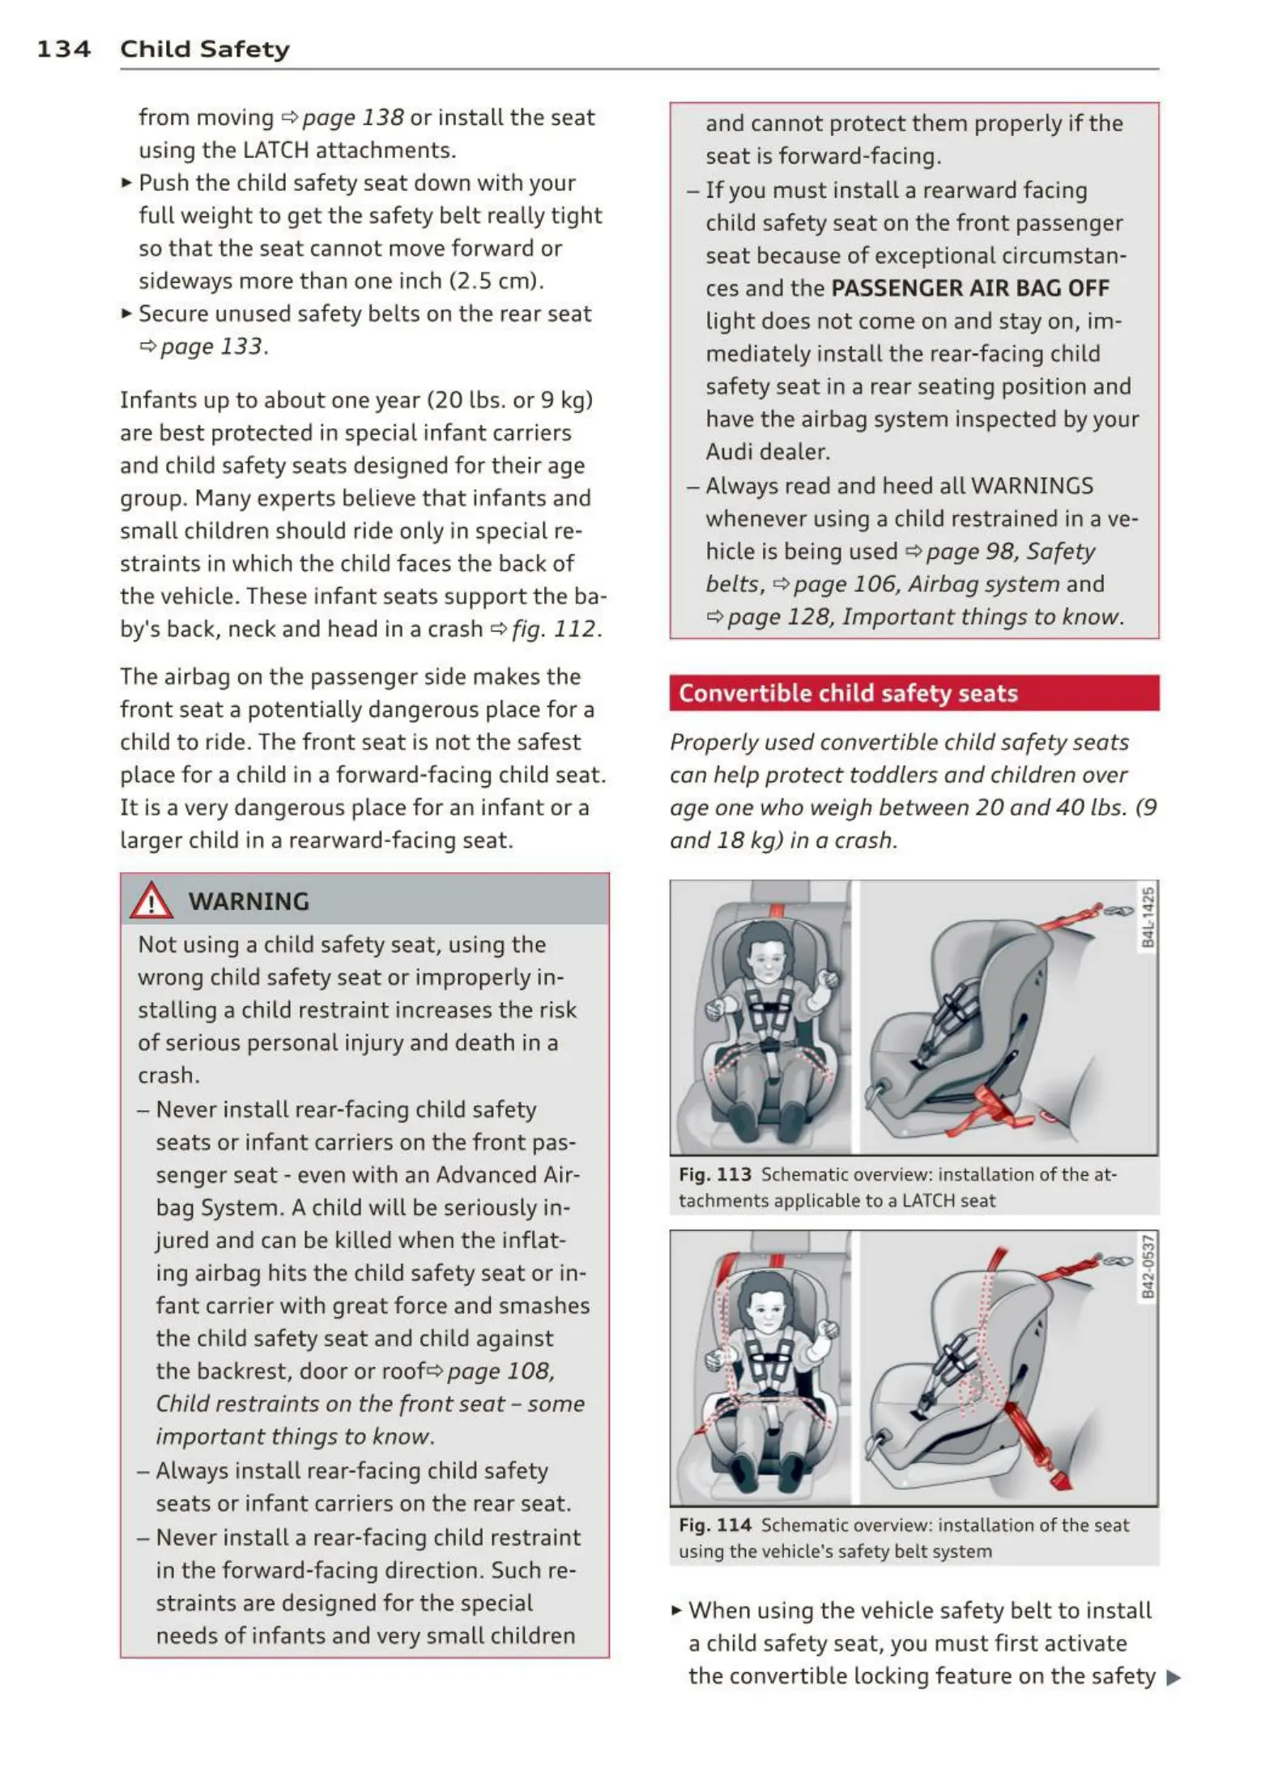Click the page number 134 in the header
tap(63, 49)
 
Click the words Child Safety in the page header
tap(204, 49)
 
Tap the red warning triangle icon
tap(151, 901)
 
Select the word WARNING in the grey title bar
tap(249, 901)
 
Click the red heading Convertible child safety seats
tap(848, 693)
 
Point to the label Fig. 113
tap(714, 1174)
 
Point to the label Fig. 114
tap(714, 1525)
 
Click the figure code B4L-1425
tap(1148, 917)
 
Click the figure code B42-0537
tap(1148, 1266)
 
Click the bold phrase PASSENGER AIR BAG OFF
tap(970, 288)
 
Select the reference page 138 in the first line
tap(351, 117)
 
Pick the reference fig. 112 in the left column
tap(554, 629)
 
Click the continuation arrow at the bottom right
tap(1174, 1677)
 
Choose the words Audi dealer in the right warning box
tap(767, 452)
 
